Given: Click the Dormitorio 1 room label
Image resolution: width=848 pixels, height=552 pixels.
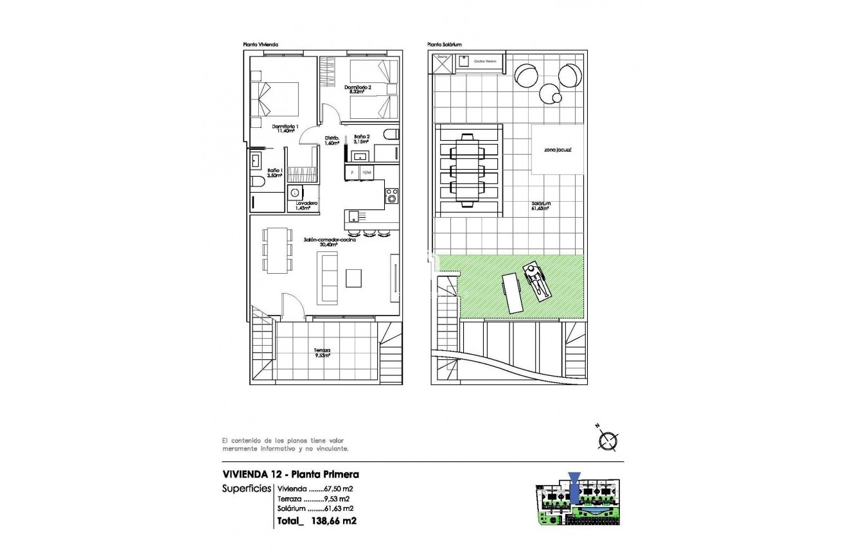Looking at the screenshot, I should click(283, 129).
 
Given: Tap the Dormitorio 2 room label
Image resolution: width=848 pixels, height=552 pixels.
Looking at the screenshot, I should click(358, 89).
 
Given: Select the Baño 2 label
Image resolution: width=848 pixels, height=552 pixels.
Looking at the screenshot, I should click(362, 139).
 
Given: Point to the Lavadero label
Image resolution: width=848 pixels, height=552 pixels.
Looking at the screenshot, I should click(306, 205).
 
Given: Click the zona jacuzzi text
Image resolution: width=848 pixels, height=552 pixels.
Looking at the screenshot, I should click(558, 149).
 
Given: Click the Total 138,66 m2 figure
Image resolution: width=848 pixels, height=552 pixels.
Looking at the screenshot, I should click(317, 521).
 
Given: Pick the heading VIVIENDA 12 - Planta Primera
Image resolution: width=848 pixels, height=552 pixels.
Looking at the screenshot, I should click(290, 474).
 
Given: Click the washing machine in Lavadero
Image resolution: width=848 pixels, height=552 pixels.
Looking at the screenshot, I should click(296, 192).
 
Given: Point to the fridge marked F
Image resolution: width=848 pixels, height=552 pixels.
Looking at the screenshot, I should click(352, 172).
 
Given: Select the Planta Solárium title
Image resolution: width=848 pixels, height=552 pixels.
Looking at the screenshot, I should click(445, 45).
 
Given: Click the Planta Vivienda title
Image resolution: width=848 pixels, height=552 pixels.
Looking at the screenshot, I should click(260, 45).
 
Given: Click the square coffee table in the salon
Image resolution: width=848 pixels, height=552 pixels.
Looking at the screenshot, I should click(354, 278).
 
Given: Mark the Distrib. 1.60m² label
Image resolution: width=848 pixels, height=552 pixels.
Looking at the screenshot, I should click(332, 140).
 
